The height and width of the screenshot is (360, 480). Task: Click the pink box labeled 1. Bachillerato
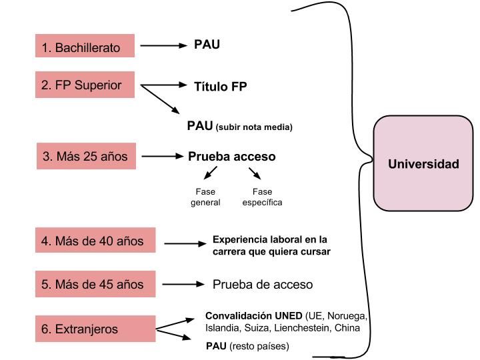(85, 47)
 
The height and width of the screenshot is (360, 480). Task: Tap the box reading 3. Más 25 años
(85, 157)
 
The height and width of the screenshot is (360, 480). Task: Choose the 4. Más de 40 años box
(95, 241)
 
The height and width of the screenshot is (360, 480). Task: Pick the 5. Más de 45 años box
(95, 284)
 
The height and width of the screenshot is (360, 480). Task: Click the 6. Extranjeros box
(95, 329)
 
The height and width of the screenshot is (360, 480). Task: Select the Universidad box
(423, 164)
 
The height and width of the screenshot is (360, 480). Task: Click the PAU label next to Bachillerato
(207, 45)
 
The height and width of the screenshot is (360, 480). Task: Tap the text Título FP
(220, 86)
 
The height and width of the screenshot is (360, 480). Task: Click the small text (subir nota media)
(254, 127)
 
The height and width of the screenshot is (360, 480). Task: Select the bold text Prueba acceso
(231, 157)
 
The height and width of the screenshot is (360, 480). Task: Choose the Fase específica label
(262, 197)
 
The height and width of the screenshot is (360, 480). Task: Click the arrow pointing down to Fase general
(210, 174)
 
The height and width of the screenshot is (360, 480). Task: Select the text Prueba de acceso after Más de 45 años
(262, 284)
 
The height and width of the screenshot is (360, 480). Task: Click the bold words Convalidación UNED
(253, 315)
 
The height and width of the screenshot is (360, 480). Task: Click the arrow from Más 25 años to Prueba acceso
(162, 157)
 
